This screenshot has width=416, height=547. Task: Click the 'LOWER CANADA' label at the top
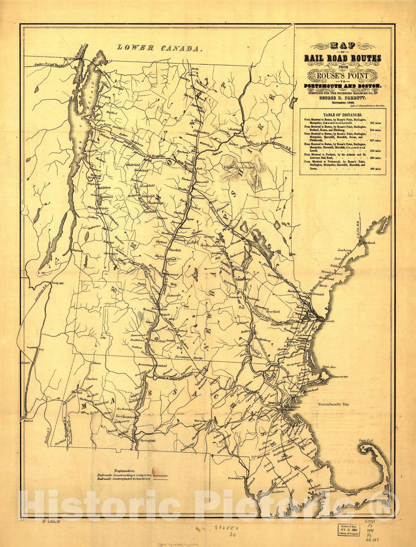[159, 47]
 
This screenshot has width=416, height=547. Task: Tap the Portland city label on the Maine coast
[368, 243]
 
